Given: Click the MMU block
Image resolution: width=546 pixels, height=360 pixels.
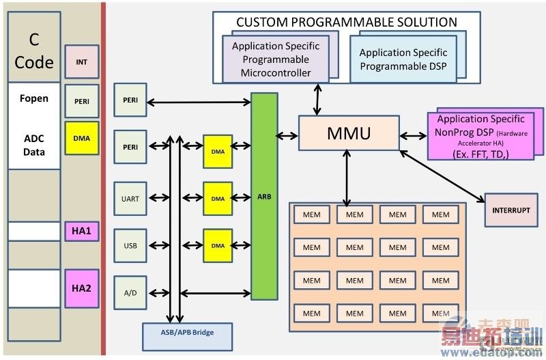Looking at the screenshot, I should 349,133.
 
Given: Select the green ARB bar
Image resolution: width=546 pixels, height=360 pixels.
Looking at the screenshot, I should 265,196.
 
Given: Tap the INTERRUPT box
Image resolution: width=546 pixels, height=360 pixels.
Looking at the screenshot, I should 511,210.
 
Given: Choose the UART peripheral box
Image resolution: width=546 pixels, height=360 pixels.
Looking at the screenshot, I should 130,199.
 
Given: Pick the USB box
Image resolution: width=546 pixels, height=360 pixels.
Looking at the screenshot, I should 130,246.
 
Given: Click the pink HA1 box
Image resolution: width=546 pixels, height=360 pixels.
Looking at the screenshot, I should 81,232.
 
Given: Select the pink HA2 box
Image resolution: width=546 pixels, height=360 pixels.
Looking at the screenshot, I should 81,288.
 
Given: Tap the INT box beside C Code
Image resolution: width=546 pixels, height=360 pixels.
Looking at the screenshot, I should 81,61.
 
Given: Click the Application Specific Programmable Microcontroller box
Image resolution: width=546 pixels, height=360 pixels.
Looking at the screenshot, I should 276,59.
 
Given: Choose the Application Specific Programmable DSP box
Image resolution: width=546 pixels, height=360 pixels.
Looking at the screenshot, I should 403,59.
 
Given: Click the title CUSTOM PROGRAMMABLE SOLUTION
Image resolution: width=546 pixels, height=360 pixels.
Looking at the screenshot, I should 347,22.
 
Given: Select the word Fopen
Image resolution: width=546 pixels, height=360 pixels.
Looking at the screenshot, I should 34,98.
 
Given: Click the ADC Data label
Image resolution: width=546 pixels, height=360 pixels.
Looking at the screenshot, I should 34,145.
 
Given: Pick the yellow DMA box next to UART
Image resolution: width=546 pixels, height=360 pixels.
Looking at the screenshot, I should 218,199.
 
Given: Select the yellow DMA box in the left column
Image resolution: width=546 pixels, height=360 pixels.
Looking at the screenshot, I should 81,137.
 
